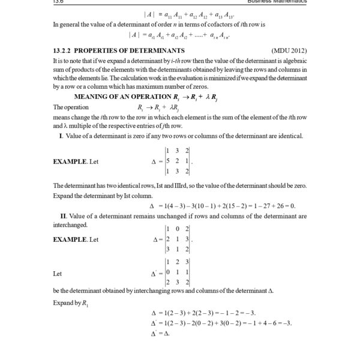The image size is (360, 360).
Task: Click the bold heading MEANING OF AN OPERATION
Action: point(120,96)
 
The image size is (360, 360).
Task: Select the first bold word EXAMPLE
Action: point(71,161)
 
